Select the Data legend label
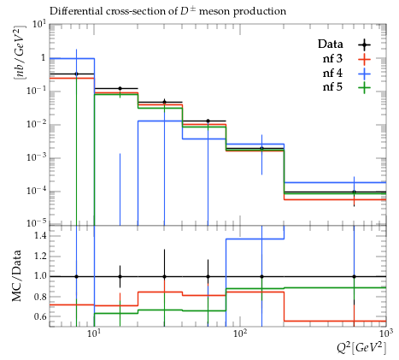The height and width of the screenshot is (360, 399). point(331,44)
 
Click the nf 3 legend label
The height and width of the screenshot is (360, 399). point(332,59)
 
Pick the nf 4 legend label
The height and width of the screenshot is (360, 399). point(332,73)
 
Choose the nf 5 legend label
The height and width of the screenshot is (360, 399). point(332,86)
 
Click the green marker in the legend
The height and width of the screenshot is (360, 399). point(364,87)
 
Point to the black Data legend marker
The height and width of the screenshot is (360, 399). point(364,44)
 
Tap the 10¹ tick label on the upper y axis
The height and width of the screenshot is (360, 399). point(38,24)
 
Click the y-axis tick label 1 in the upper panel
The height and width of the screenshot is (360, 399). point(44,58)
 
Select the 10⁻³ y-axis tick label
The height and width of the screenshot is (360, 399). point(36,156)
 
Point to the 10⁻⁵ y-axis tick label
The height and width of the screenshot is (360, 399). point(36,222)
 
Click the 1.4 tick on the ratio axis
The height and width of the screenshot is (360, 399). point(39,235)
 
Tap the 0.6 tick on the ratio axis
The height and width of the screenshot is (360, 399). point(39,316)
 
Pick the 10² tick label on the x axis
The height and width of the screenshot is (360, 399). point(240,333)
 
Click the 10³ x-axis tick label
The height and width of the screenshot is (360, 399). point(385,333)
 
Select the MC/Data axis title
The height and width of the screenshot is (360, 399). point(16,275)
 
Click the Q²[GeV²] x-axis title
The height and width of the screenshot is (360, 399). point(361,348)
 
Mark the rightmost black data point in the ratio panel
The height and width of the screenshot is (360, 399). point(354,276)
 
